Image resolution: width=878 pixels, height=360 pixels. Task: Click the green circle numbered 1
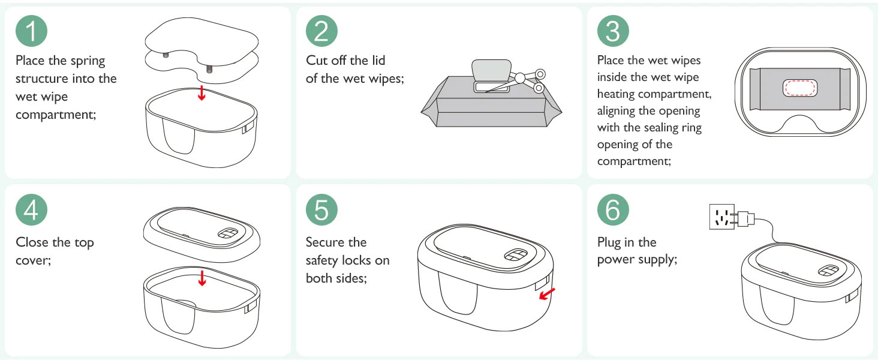pos(31,31)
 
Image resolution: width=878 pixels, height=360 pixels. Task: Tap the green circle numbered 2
pos(321,31)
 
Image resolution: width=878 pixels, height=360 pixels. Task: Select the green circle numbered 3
pos(613,31)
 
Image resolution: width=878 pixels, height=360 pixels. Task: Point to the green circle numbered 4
pos(31,210)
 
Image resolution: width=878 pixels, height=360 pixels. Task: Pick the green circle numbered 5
pos(321,210)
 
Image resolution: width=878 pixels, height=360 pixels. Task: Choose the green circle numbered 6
pos(613,210)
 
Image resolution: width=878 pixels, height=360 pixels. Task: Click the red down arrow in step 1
pos(202,93)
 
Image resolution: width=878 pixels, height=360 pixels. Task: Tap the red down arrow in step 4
pos(202,278)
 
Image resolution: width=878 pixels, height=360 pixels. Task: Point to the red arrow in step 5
pos(547,294)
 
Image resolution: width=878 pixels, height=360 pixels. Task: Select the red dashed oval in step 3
pos(800,88)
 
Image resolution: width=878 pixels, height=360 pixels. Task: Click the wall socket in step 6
pos(721,217)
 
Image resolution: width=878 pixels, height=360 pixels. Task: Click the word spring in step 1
pos(88,61)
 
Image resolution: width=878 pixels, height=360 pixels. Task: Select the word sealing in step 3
pos(667,128)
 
